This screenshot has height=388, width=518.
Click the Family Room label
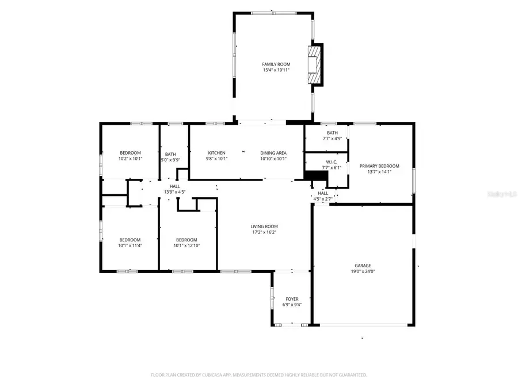click(276, 64)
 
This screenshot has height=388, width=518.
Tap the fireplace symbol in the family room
click(314, 65)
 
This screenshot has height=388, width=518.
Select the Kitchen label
click(216, 153)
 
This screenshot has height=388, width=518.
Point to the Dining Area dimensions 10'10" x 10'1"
click(273, 159)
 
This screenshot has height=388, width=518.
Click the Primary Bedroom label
click(379, 166)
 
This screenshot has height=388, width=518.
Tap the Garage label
click(363, 266)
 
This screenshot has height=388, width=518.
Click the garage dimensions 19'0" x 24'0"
click(363, 272)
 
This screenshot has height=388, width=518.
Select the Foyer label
click(292, 299)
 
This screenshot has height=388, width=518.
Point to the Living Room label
click(264, 226)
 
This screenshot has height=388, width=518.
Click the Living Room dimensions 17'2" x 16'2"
click(264, 232)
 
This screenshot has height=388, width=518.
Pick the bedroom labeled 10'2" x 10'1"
click(130, 153)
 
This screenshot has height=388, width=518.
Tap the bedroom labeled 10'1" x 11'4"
click(130, 240)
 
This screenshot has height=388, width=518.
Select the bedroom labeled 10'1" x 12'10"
click(186, 240)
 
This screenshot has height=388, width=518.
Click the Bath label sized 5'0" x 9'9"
click(171, 154)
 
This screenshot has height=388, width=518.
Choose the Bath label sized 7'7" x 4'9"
click(333, 133)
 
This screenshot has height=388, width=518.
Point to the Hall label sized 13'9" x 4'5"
click(174, 186)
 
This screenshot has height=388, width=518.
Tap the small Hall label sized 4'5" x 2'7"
click(323, 193)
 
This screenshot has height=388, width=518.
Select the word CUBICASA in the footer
click(213, 375)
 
